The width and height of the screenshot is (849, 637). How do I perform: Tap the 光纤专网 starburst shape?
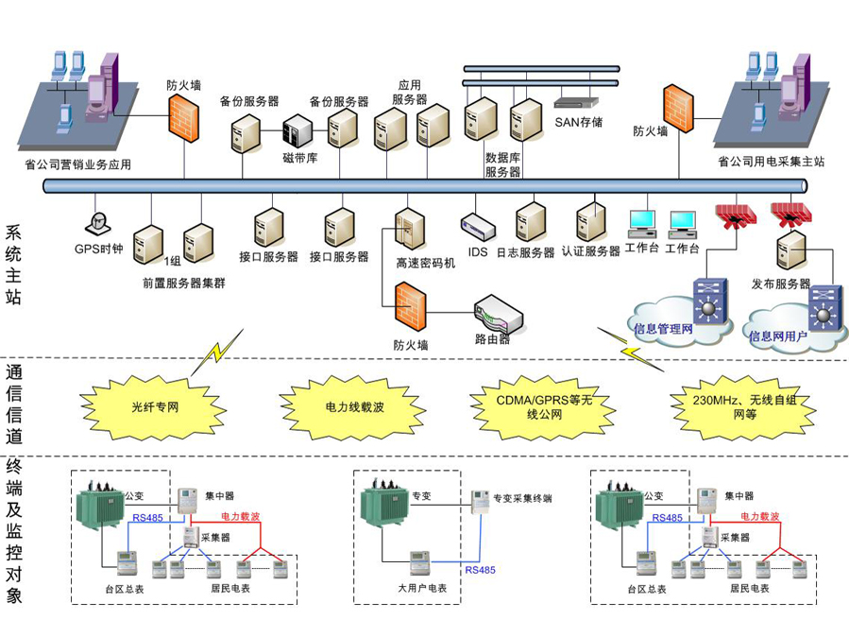point(155,408)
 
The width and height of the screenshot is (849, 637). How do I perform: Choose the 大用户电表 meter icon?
point(417,562)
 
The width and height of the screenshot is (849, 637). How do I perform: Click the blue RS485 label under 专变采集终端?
point(480,570)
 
